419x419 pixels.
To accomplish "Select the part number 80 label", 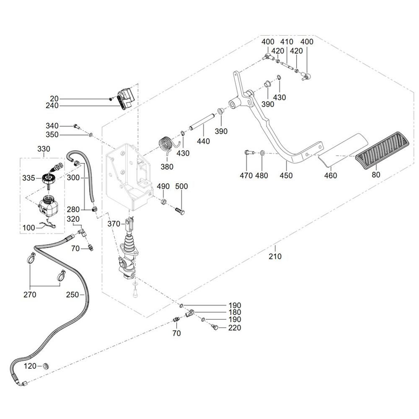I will point(376,175).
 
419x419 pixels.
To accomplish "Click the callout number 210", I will point(275,256).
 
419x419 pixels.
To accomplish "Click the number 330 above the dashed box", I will point(44,149).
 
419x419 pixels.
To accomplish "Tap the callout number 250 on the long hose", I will point(72,295).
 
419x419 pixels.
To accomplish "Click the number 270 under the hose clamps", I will point(30,295).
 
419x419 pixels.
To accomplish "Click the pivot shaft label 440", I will point(203,142).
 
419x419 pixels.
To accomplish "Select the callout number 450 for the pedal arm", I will point(286,176).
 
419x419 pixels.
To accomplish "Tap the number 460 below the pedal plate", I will point(331,176).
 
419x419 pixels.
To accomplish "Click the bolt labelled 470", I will point(247,153).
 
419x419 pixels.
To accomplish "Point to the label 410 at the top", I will point(287,42).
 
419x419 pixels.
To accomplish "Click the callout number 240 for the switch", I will point(52,106).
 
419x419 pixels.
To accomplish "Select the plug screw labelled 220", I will point(216,327).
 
